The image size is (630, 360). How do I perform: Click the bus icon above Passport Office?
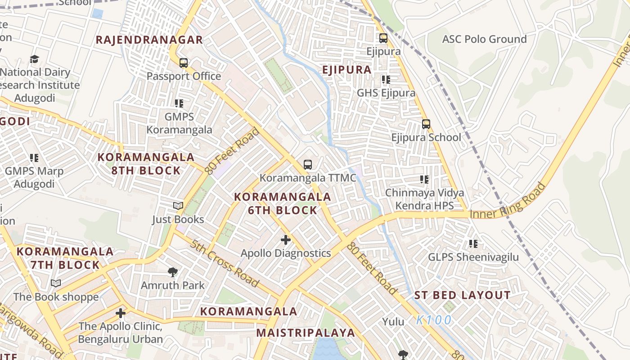point(183,63)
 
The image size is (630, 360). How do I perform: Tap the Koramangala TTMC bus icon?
point(308,165)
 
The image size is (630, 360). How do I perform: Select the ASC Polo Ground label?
point(484,39)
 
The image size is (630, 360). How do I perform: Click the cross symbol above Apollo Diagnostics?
point(285,240)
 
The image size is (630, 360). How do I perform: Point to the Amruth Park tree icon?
point(172,272)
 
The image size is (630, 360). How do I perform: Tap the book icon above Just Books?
point(178,206)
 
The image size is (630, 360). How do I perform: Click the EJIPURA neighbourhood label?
point(347,70)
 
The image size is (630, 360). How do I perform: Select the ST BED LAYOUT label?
point(462,296)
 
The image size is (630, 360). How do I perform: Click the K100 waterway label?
point(434,320)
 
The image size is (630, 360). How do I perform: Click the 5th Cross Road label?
point(224,264)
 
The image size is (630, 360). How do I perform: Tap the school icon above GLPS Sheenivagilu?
point(473,244)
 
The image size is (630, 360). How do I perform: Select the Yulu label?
point(394,322)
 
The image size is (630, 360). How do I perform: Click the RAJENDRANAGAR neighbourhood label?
point(149,40)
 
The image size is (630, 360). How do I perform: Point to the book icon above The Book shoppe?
point(55,283)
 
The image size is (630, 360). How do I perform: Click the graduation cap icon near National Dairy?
point(35,59)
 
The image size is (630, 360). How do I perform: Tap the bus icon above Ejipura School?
point(426,124)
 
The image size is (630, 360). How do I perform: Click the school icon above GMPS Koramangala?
point(179,103)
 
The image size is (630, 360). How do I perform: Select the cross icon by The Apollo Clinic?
point(120,313)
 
